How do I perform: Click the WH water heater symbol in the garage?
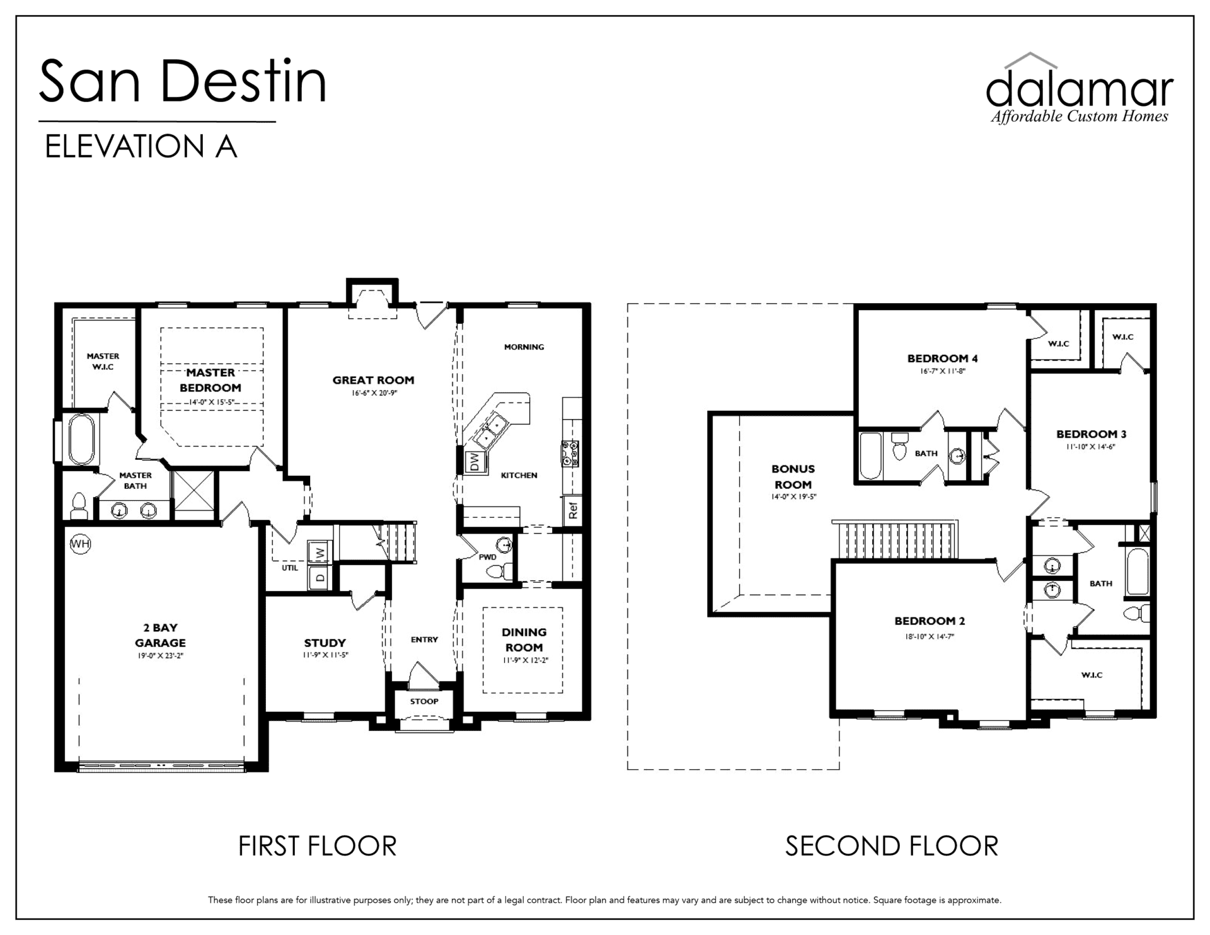click(80, 544)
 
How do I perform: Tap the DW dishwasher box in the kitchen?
click(475, 462)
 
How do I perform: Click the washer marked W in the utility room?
click(320, 552)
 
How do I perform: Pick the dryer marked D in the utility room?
click(320, 576)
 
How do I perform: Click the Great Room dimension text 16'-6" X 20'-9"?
click(374, 393)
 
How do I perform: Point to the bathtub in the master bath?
click(82, 439)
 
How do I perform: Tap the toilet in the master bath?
click(79, 507)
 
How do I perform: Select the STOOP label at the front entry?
click(424, 701)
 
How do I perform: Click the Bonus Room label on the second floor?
click(793, 477)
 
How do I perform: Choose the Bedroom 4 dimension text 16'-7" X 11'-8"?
click(943, 372)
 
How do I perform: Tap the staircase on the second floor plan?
click(895, 540)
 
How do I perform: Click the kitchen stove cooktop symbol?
click(570, 453)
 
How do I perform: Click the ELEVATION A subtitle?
click(141, 147)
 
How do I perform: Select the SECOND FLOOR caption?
click(892, 846)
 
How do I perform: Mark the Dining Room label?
click(524, 640)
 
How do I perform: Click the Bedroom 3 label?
click(1092, 434)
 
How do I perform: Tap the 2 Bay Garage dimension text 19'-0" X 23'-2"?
click(160, 656)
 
